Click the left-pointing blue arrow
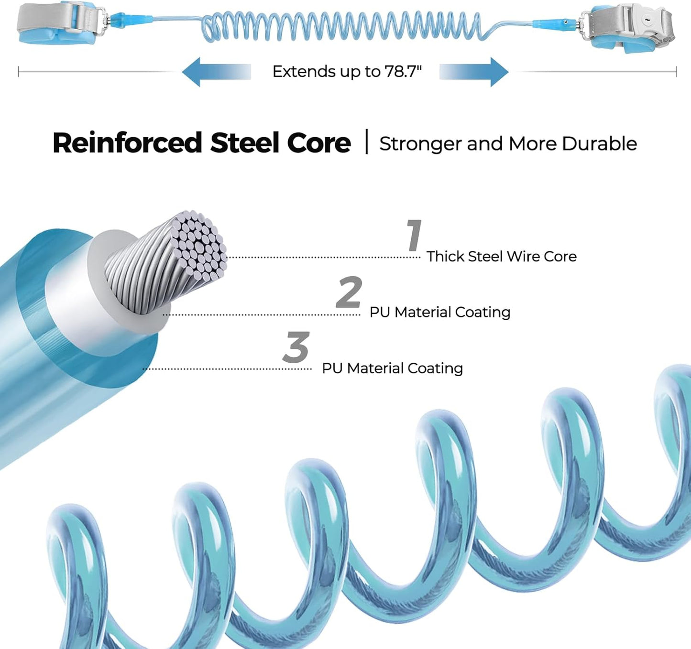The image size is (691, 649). (216, 72)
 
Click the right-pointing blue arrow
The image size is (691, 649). (474, 72)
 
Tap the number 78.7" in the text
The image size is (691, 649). (403, 72)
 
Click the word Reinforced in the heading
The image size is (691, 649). (127, 143)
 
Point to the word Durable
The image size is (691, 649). (599, 144)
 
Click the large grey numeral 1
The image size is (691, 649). (415, 235)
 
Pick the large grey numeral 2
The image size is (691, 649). (349, 292)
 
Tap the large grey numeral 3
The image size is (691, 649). (296, 347)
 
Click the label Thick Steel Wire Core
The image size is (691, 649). (501, 257)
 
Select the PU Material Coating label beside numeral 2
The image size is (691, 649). (440, 313)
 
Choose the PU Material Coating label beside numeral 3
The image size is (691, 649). (393, 368)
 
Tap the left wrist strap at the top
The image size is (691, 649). (57, 22)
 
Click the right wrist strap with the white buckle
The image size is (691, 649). (627, 27)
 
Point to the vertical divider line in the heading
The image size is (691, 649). (366, 141)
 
